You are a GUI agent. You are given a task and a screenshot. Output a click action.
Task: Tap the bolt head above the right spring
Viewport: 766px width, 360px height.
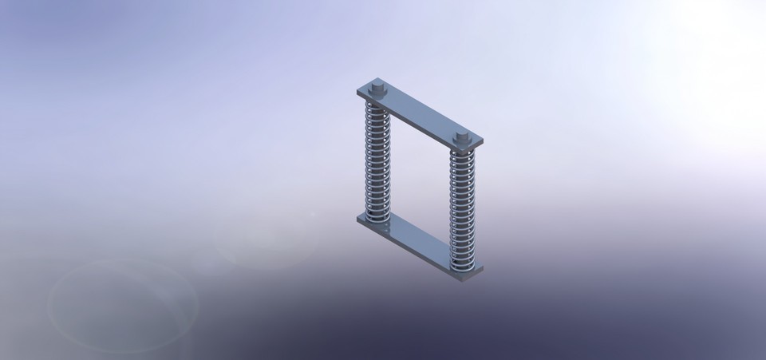[461, 138]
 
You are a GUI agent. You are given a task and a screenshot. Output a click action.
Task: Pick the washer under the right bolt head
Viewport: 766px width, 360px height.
[461, 145]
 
